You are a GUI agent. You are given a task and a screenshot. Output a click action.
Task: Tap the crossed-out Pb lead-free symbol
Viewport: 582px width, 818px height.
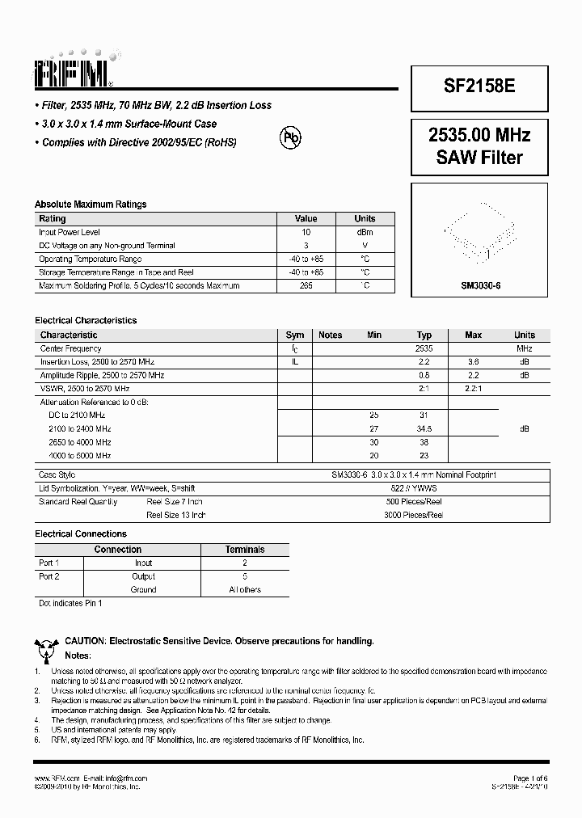pyautogui.click(x=289, y=137)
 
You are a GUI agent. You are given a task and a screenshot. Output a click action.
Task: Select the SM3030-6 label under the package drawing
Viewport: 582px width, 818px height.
pyautogui.click(x=481, y=286)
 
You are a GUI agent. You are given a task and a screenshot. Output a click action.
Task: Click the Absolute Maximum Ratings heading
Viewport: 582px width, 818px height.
pyautogui.click(x=91, y=204)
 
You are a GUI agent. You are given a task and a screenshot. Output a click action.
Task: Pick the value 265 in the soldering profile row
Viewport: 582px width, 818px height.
pyautogui.click(x=306, y=286)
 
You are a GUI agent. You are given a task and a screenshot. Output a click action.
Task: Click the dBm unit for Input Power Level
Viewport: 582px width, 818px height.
pyautogui.click(x=365, y=232)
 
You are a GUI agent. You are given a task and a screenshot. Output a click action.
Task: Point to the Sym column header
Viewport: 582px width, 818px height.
pyautogui.click(x=295, y=335)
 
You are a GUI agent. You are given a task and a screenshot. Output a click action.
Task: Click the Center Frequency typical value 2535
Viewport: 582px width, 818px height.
pyautogui.click(x=424, y=348)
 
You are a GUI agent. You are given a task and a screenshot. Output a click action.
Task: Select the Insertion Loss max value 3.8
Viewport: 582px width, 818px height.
pyautogui.click(x=473, y=362)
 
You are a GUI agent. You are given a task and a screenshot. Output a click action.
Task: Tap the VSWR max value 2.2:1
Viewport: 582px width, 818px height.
pyautogui.click(x=473, y=389)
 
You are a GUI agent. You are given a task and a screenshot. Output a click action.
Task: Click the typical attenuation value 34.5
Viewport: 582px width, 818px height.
pyautogui.click(x=424, y=429)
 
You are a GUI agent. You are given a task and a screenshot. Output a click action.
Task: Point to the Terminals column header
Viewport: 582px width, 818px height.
pyautogui.click(x=245, y=550)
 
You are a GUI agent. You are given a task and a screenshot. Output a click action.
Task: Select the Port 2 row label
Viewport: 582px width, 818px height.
pyautogui.click(x=49, y=576)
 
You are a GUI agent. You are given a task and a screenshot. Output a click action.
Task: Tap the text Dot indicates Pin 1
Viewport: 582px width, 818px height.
pyautogui.click(x=70, y=603)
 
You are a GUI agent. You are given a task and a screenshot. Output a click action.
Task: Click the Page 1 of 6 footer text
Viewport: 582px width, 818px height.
pyautogui.click(x=529, y=778)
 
